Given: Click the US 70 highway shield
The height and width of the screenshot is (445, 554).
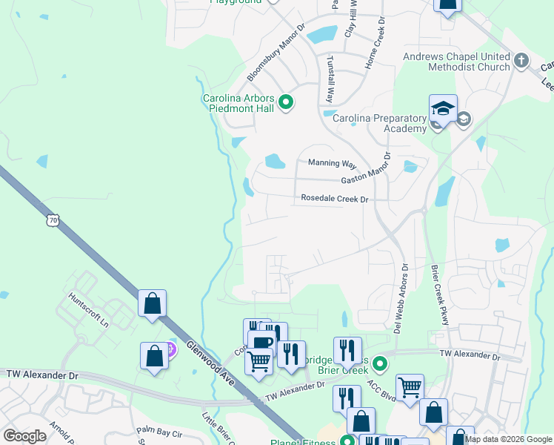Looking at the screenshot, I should pos(52,220).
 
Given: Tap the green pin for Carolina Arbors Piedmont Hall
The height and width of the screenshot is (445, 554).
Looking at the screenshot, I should pos(285,103).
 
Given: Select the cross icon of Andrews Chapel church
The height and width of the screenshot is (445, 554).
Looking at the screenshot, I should pos(521,60).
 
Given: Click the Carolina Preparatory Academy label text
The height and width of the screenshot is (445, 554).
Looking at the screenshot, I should pos(379,123).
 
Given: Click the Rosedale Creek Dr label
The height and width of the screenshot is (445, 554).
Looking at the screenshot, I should pos(334,199).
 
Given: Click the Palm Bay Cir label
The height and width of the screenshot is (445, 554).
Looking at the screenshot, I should pos(159,430).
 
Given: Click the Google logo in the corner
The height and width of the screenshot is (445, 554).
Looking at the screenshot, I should pos(24,436).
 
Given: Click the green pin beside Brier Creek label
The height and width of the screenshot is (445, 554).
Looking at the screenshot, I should pos(380,363).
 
